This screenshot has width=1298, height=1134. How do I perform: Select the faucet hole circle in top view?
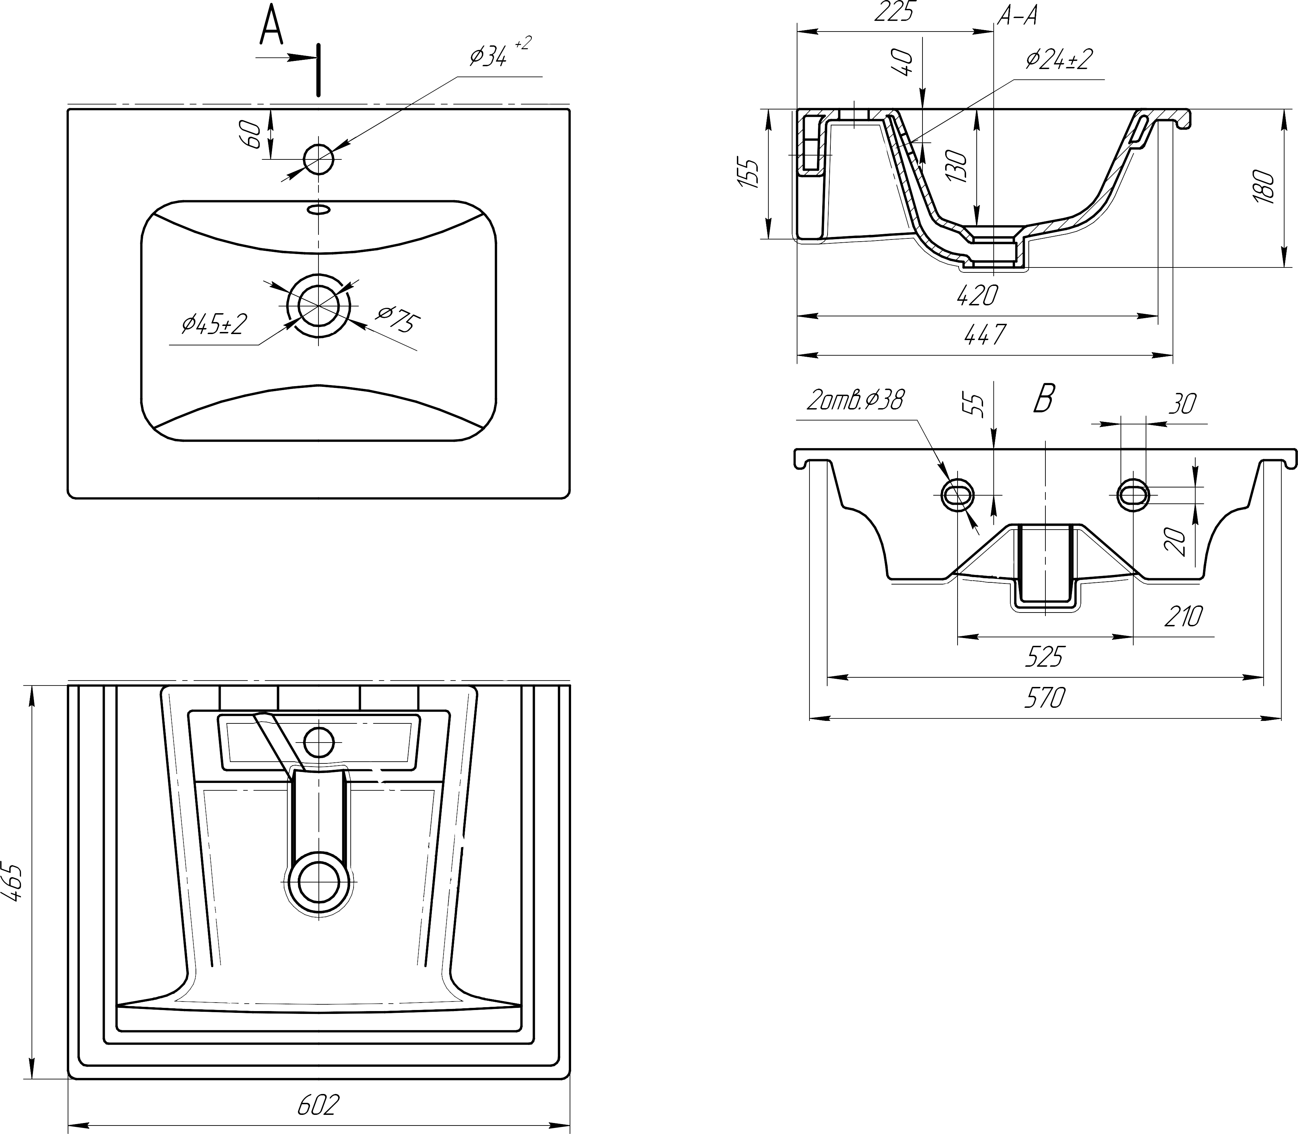point(318,158)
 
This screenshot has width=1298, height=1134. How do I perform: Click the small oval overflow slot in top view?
point(318,208)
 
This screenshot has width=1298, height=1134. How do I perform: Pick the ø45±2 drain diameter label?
point(214,325)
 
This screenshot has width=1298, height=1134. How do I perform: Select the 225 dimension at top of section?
point(894,13)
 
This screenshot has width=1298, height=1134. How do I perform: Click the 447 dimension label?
point(985,334)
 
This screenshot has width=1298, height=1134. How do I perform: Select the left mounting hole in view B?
point(958,493)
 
